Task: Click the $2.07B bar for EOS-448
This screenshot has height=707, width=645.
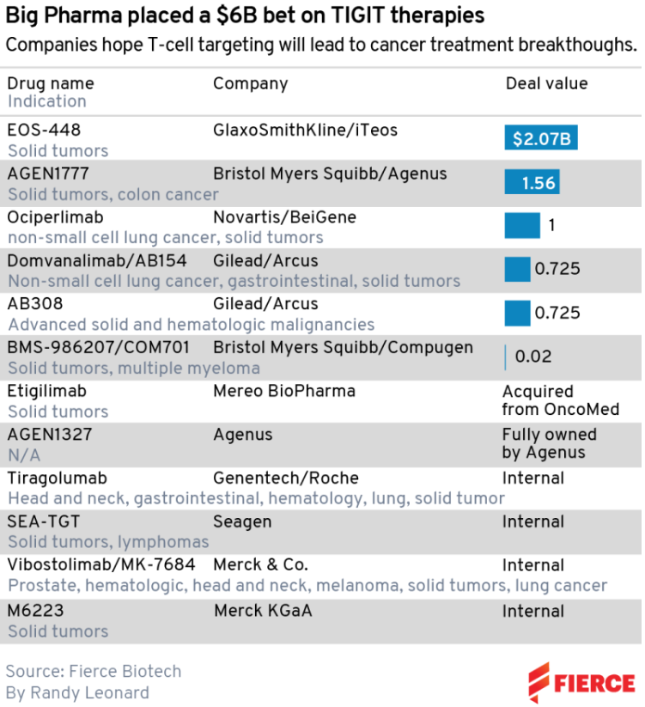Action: [541, 138]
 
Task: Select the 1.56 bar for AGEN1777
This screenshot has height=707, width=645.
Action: [532, 182]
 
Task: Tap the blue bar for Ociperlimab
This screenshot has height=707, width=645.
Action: [522, 226]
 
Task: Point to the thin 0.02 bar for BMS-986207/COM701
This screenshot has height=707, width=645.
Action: [506, 357]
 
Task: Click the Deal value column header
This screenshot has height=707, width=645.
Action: [546, 83]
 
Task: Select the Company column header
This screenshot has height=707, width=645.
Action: [250, 83]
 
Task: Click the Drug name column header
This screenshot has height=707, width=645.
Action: [51, 83]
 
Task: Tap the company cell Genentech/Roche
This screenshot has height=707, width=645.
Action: [286, 478]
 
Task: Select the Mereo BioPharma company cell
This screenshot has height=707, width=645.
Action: [284, 391]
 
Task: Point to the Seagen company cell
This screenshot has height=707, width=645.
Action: [242, 521]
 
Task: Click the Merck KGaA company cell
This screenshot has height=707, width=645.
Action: [263, 611]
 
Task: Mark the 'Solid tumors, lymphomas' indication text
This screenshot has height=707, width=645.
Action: [108, 542]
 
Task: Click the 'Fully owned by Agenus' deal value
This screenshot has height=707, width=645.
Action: [549, 443]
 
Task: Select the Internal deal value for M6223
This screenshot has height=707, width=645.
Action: [532, 611]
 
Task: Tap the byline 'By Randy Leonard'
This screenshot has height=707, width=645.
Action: [77, 692]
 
